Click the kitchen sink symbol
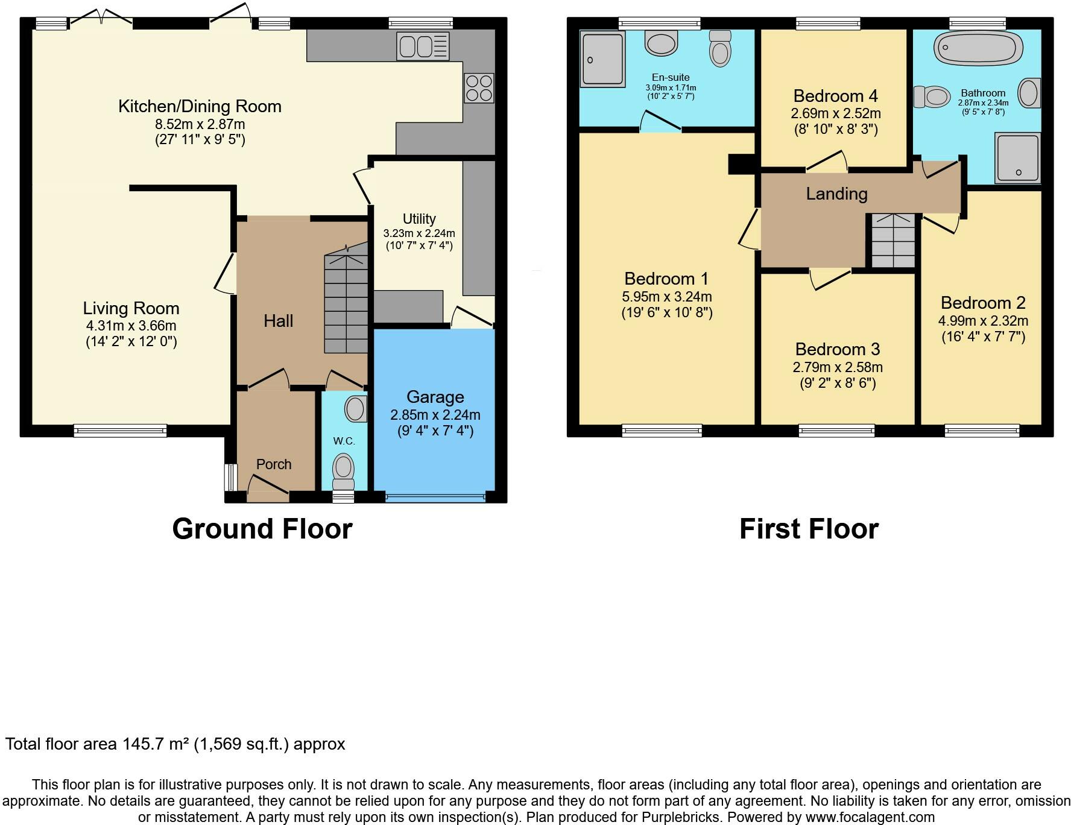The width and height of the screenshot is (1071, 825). [x=423, y=46]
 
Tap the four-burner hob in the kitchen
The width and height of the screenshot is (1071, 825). [x=479, y=88]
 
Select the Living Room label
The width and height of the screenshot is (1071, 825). [x=131, y=308]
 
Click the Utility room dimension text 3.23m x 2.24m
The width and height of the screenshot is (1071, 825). [x=419, y=233]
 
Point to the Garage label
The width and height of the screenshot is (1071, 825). [x=435, y=397]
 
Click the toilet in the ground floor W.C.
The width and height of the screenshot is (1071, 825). [x=344, y=472]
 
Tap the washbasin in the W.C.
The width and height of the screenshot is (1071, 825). [x=355, y=409]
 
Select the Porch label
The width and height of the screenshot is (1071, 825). [x=274, y=464]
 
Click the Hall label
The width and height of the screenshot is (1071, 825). [x=278, y=321]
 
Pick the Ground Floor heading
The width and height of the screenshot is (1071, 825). [x=262, y=529]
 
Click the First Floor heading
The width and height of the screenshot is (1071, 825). [x=809, y=529]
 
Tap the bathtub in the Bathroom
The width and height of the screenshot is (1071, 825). [x=978, y=48]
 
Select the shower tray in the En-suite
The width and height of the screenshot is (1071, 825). [x=602, y=59]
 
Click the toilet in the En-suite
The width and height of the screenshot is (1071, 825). [x=720, y=48]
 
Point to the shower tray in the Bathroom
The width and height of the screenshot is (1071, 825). [x=1018, y=157]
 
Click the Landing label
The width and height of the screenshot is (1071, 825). [x=836, y=194]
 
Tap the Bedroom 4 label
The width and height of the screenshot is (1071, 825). [x=835, y=96]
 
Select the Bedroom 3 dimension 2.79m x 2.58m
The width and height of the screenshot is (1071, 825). [x=838, y=367]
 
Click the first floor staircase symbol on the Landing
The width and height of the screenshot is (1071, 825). [x=891, y=240]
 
